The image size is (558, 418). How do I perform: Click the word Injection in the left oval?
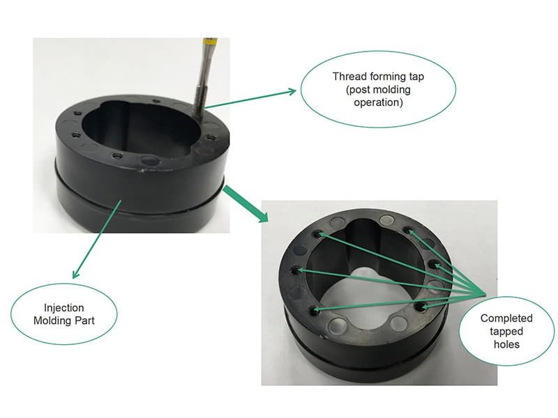(65, 307)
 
